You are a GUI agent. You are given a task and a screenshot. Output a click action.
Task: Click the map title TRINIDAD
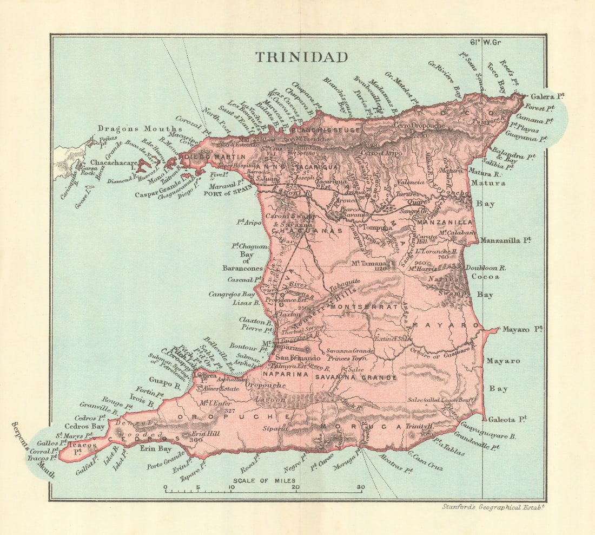pos(301,57)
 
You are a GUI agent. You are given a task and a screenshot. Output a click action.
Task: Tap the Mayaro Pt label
pos(522,329)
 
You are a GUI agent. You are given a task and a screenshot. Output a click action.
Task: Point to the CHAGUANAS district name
pos(307,231)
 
